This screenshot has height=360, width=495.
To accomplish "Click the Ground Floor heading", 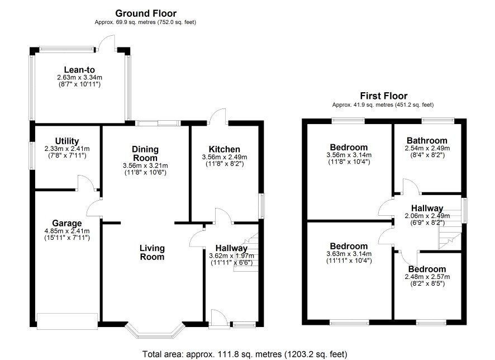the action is [145, 13].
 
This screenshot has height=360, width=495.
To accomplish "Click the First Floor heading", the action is [384, 96].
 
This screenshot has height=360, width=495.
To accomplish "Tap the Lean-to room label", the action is [79, 70].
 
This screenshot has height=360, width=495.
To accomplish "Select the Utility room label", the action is [67, 141].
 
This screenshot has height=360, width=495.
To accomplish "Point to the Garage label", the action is [67, 223].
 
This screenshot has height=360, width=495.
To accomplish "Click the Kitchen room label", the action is [225, 149].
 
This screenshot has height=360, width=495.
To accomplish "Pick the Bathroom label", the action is [427, 140].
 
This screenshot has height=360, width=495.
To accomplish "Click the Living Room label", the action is [152, 252].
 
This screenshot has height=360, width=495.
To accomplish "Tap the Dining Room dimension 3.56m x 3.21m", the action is [145, 165].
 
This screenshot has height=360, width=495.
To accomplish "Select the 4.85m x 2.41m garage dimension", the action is [67, 231].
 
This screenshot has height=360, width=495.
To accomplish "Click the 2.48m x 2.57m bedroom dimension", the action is [427, 277].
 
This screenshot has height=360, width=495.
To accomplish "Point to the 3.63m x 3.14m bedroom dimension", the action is [349, 254].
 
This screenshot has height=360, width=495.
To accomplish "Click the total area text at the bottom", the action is [245, 354].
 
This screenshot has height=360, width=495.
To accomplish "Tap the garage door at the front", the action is [67, 321].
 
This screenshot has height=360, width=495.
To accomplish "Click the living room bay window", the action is [154, 330].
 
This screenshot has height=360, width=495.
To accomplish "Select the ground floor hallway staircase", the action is [246, 252].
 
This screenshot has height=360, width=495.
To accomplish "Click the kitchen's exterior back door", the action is [218, 116].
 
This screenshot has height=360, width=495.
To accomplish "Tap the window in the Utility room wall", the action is [32, 155].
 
